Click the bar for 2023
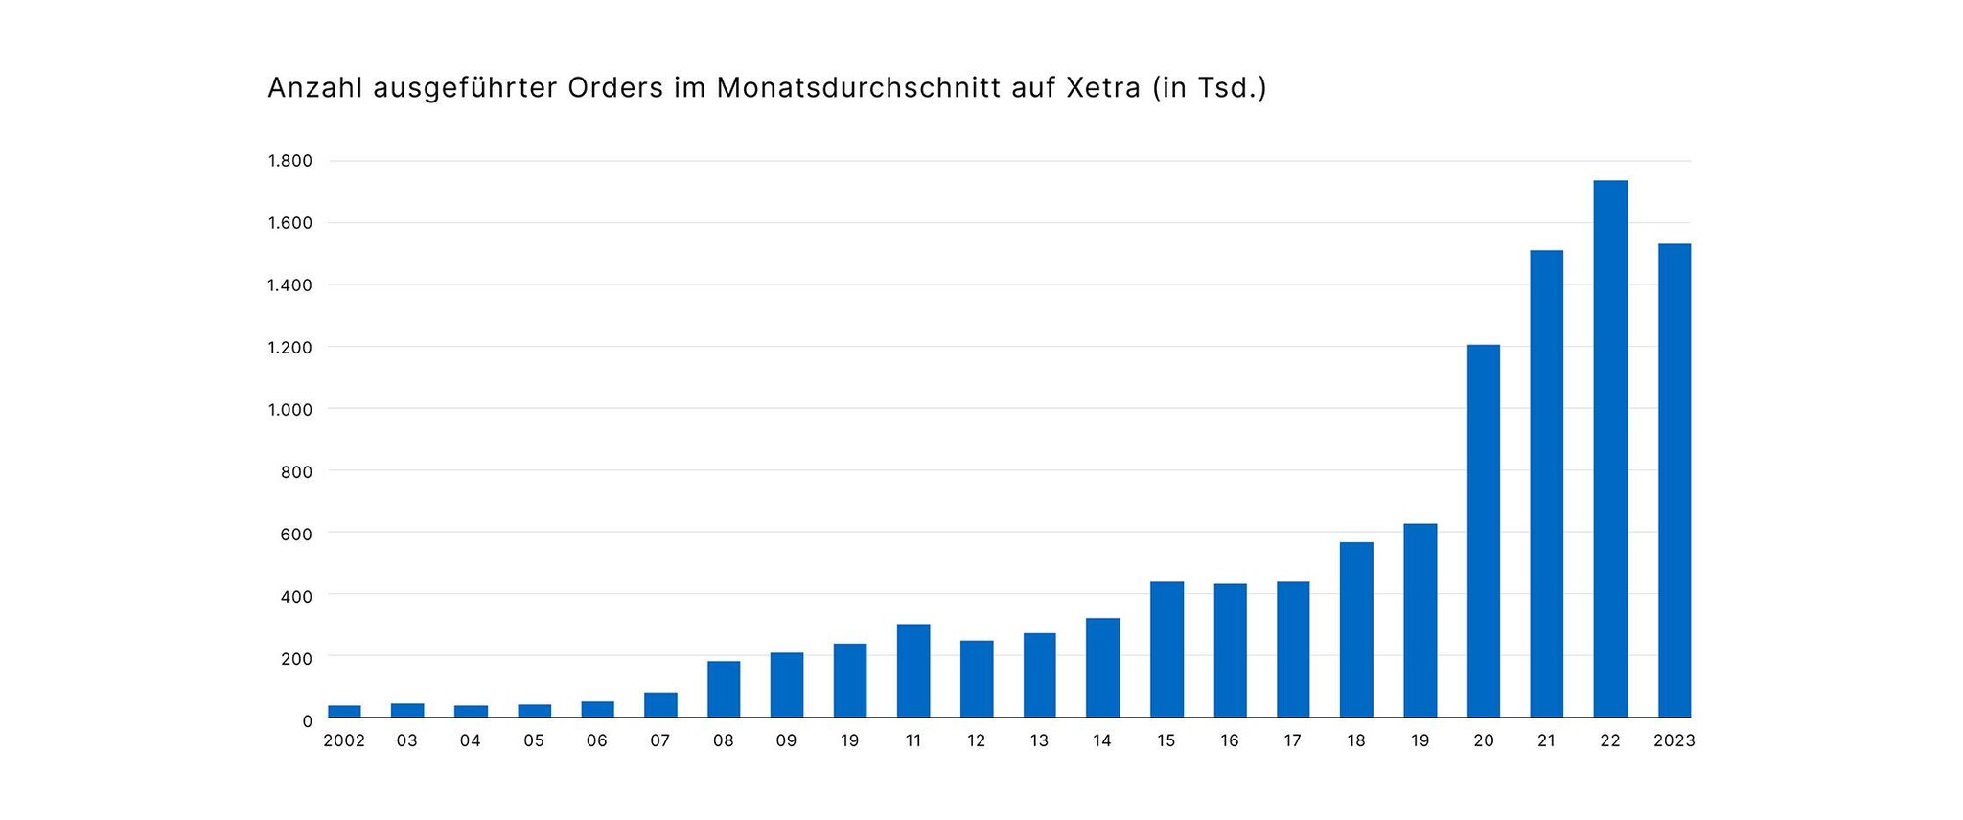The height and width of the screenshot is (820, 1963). (x=1674, y=480)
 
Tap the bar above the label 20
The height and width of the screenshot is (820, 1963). (x=1483, y=531)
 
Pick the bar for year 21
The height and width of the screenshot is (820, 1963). (x=1546, y=484)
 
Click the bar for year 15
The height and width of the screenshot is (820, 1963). (x=1166, y=649)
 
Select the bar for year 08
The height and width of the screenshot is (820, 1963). (x=724, y=689)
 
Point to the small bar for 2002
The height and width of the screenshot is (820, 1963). (x=344, y=711)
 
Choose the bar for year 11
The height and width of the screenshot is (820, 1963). (x=913, y=671)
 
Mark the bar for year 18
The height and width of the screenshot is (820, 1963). (x=1356, y=629)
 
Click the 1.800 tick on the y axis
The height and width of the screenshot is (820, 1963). (x=289, y=161)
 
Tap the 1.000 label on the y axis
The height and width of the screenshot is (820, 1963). (x=289, y=410)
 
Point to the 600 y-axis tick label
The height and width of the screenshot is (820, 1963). (x=295, y=534)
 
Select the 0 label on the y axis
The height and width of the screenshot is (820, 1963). (x=307, y=720)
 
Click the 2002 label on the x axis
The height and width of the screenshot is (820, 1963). (x=344, y=740)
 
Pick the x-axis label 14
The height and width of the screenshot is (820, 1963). (x=1102, y=740)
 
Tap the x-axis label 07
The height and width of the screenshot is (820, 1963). (x=659, y=740)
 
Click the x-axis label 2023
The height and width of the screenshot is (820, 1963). (x=1674, y=740)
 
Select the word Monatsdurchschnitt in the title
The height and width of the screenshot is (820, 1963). (x=858, y=88)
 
